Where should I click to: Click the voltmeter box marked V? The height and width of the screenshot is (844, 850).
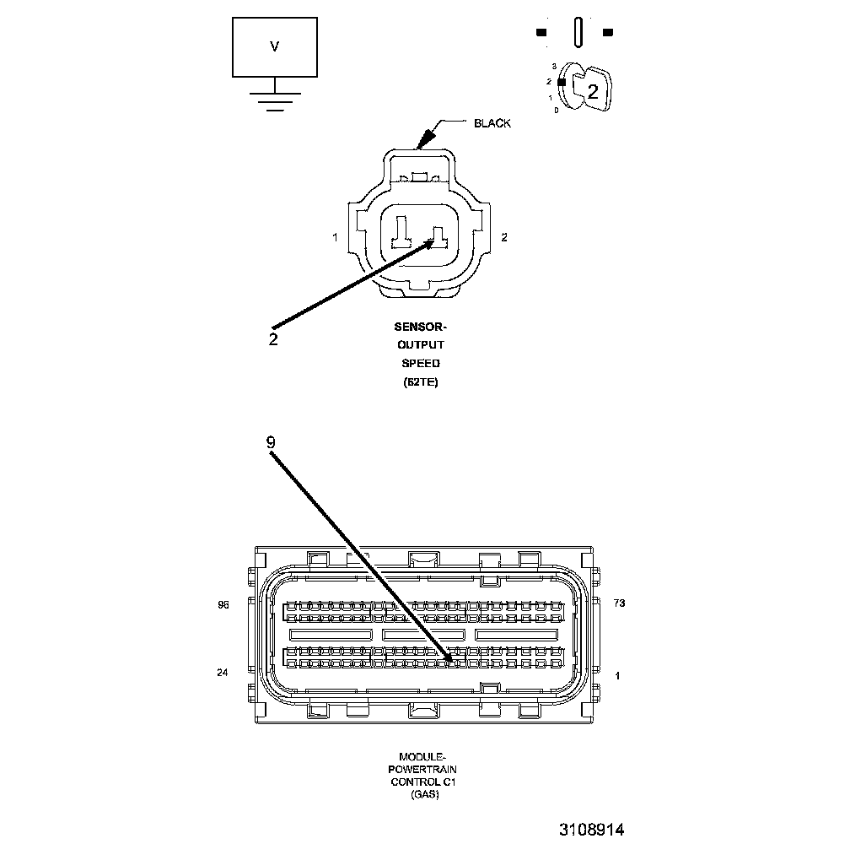pyautogui.click(x=275, y=47)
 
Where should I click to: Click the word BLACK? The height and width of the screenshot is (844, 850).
pyautogui.click(x=492, y=123)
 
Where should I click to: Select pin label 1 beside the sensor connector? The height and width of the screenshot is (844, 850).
pyautogui.click(x=335, y=238)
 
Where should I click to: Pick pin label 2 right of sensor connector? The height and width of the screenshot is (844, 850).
pyautogui.click(x=504, y=238)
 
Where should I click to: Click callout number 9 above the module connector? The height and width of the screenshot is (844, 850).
pyautogui.click(x=270, y=442)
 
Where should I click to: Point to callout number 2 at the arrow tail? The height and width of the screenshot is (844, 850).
pyautogui.click(x=273, y=339)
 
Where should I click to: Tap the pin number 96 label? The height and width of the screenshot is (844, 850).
pyautogui.click(x=223, y=605)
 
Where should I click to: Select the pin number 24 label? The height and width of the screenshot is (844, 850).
pyautogui.click(x=223, y=673)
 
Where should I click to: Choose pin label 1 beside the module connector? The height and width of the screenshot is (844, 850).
pyautogui.click(x=618, y=675)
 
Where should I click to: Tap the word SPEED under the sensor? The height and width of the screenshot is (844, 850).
pyautogui.click(x=420, y=364)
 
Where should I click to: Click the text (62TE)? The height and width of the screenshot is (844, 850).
pyautogui.click(x=420, y=382)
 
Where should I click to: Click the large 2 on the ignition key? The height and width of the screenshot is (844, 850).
pyautogui.click(x=593, y=92)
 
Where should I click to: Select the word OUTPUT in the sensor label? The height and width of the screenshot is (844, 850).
pyautogui.click(x=420, y=345)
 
